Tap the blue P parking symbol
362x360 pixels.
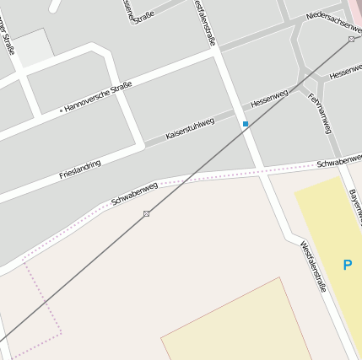point(347,265)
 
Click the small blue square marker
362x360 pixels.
point(246,124)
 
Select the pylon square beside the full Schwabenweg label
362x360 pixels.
point(146,214)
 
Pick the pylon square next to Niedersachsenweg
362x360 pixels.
point(351,39)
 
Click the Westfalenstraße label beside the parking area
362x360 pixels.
point(313,266)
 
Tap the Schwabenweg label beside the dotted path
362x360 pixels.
point(134,195)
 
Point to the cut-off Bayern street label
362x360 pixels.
point(354,207)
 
